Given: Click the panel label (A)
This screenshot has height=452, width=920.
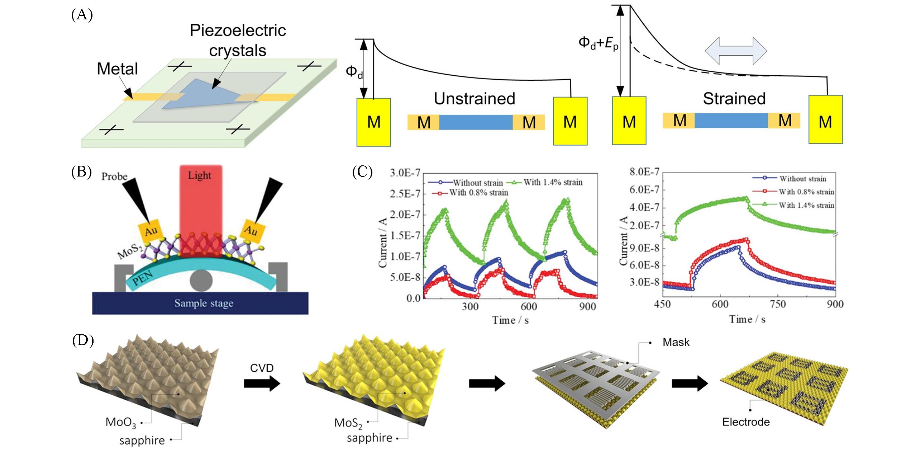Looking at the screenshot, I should pyautogui.click(x=82, y=15).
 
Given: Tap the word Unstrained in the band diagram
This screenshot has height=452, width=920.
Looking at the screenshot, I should pyautogui.click(x=474, y=99).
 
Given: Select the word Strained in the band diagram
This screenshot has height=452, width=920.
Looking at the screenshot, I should pyautogui.click(x=734, y=99).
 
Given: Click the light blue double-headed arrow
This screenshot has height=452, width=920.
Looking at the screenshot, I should pyautogui.click(x=735, y=51).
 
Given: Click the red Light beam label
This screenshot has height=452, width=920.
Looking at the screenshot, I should pyautogui.click(x=199, y=175).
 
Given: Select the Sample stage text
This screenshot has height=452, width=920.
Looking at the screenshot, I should pyautogui.click(x=204, y=303).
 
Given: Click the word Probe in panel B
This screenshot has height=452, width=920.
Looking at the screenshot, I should pyautogui.click(x=114, y=176).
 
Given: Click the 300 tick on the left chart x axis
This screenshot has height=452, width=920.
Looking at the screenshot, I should pyautogui.click(x=470, y=307).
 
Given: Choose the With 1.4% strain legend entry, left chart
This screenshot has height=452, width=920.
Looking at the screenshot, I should pyautogui.click(x=552, y=182).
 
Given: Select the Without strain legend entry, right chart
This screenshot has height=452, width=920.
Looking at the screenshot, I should pyautogui.click(x=802, y=179).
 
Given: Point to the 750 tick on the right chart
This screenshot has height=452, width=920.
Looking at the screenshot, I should pyautogui.click(x=778, y=305).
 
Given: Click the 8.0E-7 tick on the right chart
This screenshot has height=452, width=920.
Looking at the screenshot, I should pyautogui.click(x=644, y=172).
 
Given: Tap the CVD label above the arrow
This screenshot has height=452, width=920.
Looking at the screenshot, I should pyautogui.click(x=262, y=368).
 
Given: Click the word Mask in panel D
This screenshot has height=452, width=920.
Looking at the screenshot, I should pyautogui.click(x=676, y=342).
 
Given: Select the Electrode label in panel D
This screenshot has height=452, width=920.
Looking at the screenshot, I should pyautogui.click(x=745, y=422).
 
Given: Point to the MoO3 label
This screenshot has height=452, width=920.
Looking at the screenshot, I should pyautogui.click(x=121, y=422).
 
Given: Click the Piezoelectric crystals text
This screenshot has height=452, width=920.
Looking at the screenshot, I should pyautogui.click(x=238, y=40).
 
